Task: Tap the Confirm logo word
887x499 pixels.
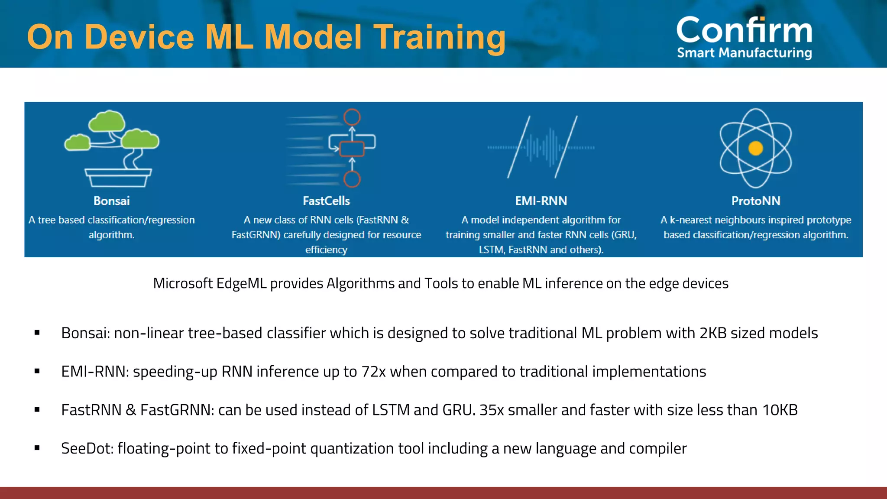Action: pyautogui.click(x=744, y=30)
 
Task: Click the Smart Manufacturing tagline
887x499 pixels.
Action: pyautogui.click(x=744, y=53)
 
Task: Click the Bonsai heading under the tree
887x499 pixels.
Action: pyautogui.click(x=112, y=201)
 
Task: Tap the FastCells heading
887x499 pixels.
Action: pyautogui.click(x=326, y=201)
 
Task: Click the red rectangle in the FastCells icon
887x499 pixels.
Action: pyautogui.click(x=351, y=149)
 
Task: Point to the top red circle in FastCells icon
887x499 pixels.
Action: pyautogui.click(x=352, y=117)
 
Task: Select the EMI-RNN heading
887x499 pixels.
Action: pyautogui.click(x=541, y=201)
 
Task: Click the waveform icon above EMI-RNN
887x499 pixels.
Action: pyautogui.click(x=541, y=148)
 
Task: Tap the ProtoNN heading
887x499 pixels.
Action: pyautogui.click(x=756, y=201)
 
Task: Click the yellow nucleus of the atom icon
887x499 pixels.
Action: pyautogui.click(x=756, y=148)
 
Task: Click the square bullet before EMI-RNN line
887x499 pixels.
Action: pyautogui.click(x=37, y=371)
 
